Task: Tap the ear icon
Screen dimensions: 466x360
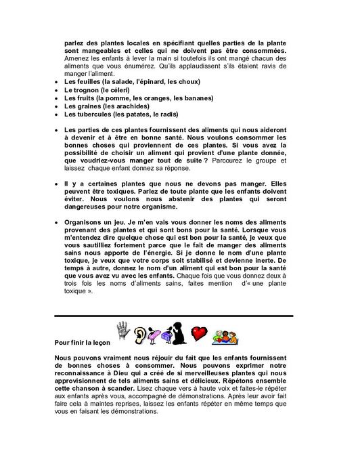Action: click(x=140, y=333)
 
